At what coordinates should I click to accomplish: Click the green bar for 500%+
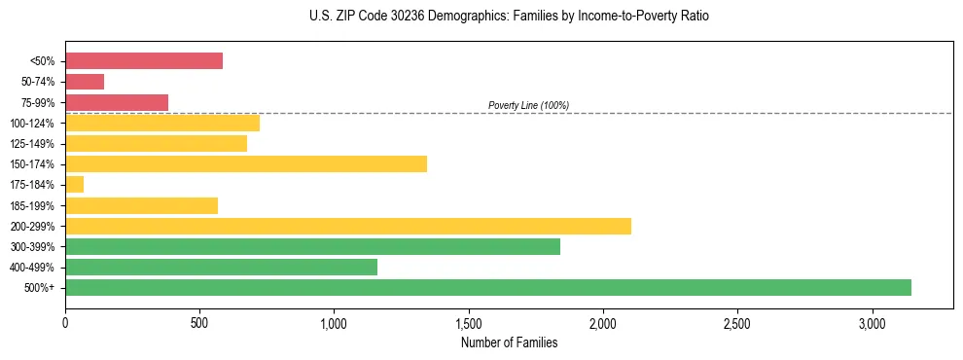point(488,287)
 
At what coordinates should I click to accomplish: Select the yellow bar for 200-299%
point(348,226)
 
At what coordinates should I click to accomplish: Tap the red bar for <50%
point(144,60)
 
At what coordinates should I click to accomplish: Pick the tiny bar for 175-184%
point(74,184)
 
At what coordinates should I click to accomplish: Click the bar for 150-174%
point(246,163)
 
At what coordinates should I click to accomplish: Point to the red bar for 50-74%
point(85,82)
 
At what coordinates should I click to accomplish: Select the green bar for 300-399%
point(312,246)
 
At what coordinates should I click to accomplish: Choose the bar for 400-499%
point(221,267)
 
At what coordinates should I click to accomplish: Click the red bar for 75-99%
point(117,102)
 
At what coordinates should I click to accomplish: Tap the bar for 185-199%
point(141,205)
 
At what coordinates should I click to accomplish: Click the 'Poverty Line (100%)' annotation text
point(528,105)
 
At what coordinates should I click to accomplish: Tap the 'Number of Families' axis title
point(509,342)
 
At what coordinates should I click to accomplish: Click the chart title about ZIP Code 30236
point(509,17)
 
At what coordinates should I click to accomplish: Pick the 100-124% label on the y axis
point(32,124)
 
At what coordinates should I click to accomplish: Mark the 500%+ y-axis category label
point(40,288)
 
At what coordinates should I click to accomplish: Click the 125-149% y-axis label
point(32,144)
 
